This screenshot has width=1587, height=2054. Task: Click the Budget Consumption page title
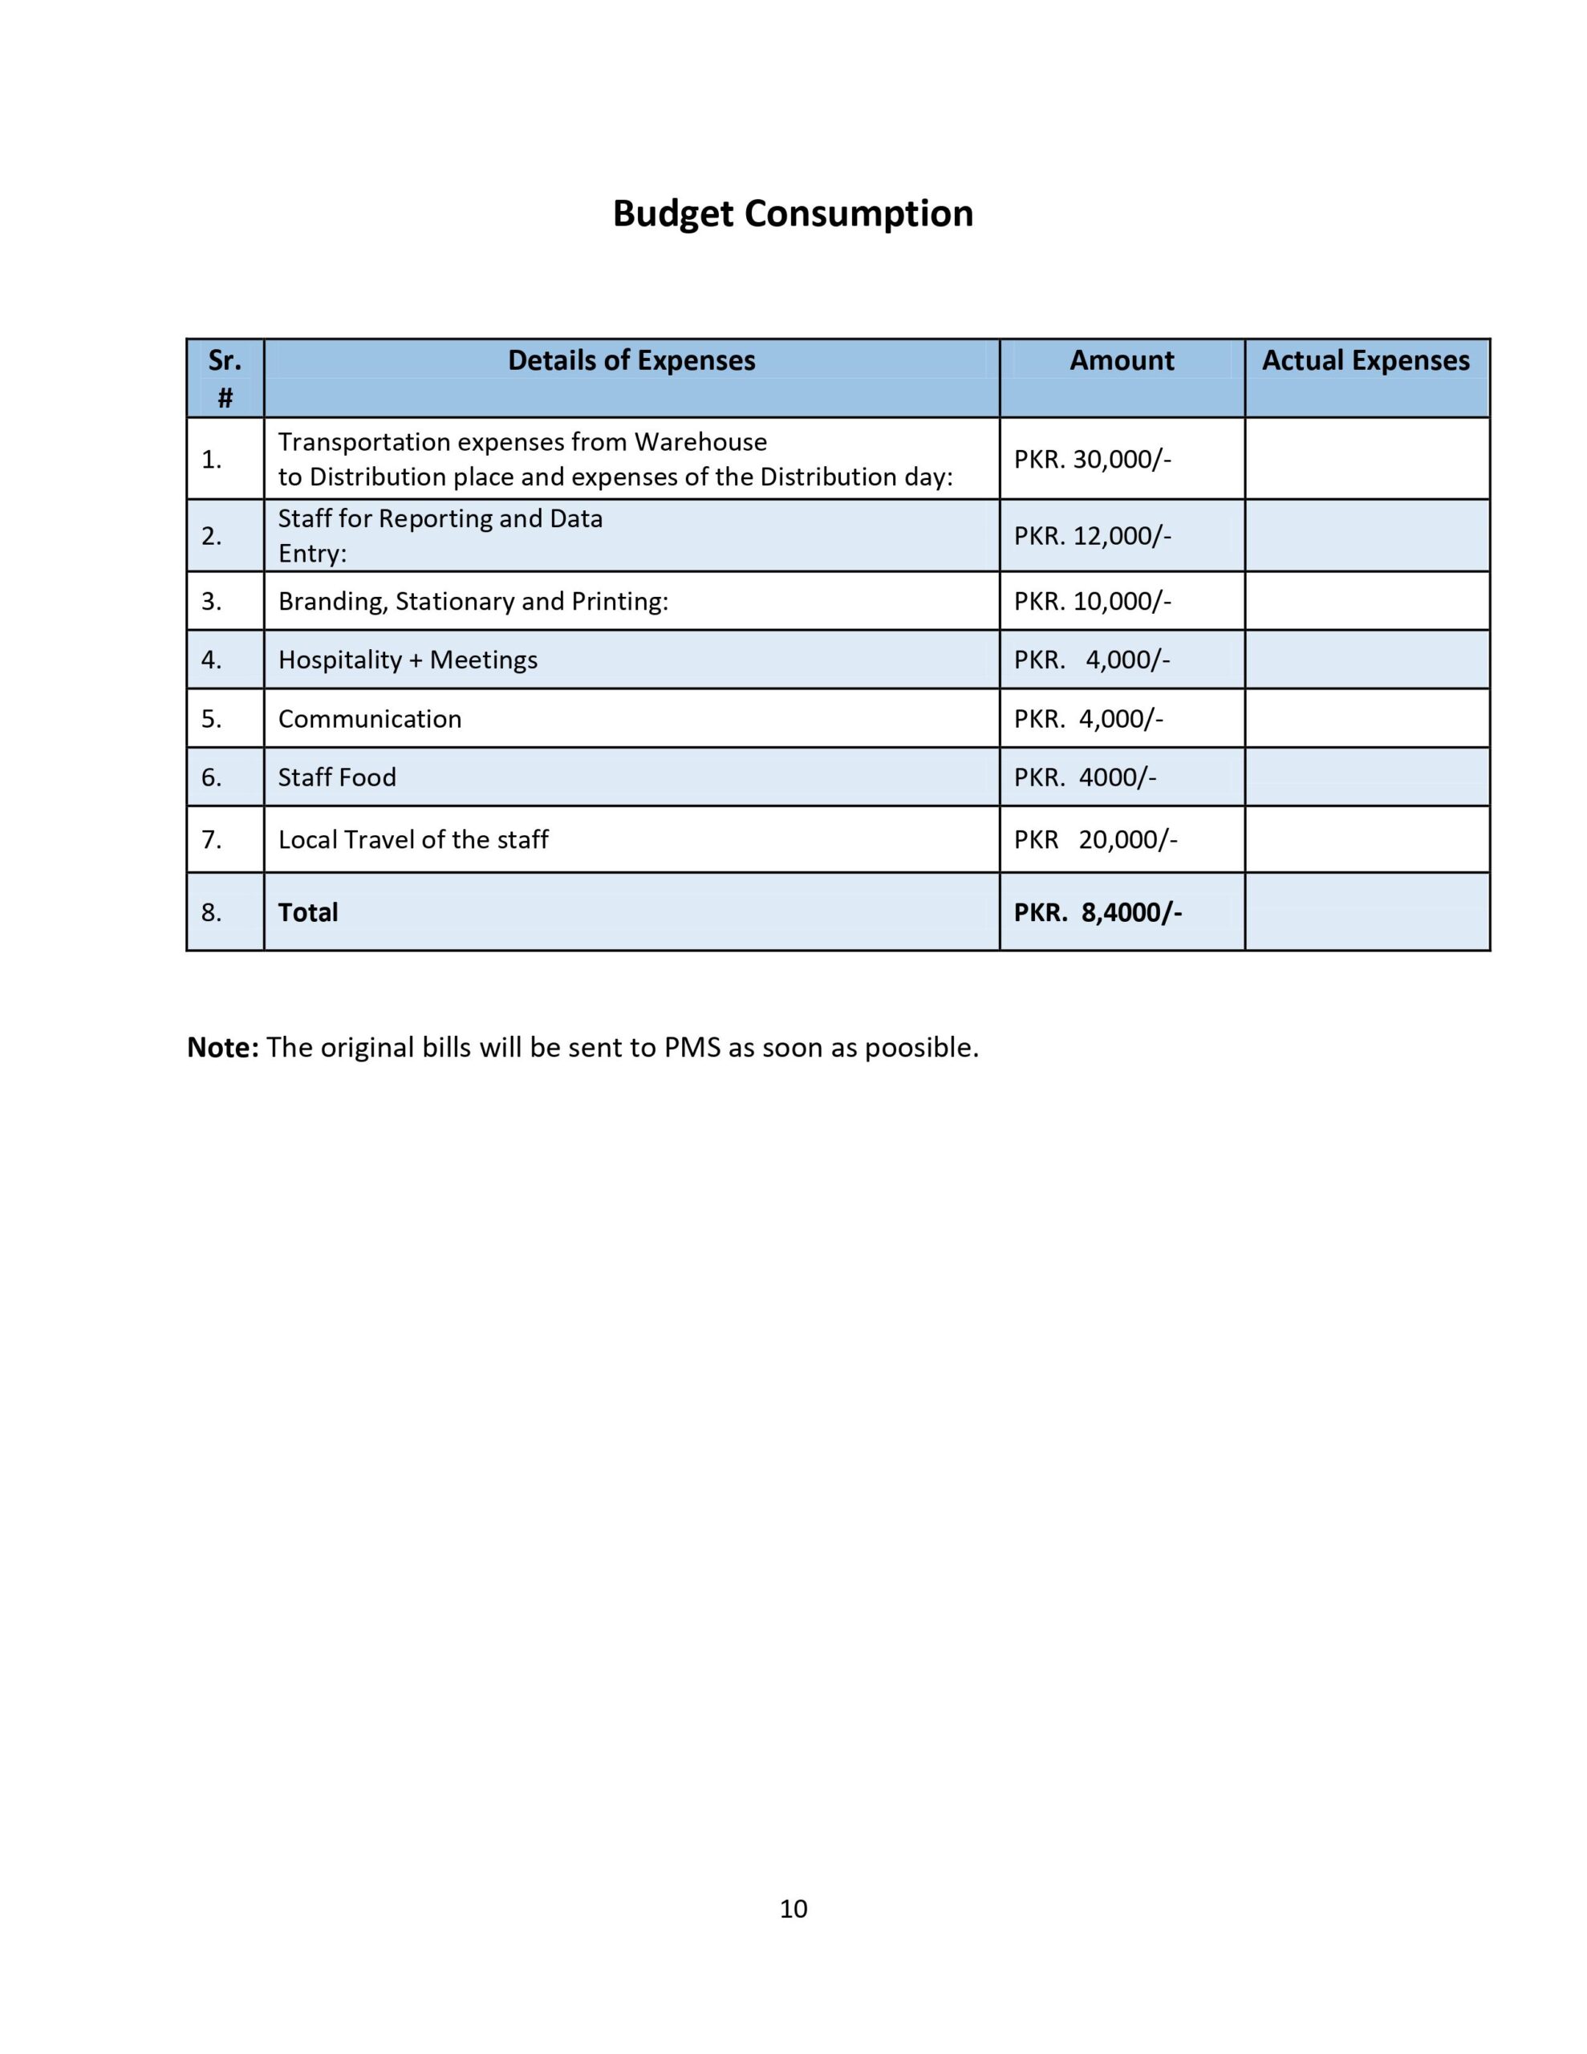pos(792,213)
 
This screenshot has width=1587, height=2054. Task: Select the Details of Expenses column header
pos(631,361)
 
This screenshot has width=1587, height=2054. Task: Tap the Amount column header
pos(1122,361)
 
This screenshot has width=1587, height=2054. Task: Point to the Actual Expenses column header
pos(1365,361)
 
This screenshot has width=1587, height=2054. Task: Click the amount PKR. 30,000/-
pos(1092,460)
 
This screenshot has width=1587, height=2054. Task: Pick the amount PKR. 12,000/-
pos(1092,536)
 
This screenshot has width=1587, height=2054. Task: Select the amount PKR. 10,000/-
pos(1092,601)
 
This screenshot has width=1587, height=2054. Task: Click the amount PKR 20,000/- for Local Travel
pos(1095,840)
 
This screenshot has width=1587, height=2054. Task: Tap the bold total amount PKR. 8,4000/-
pos(1097,912)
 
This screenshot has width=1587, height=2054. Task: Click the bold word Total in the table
pos(307,912)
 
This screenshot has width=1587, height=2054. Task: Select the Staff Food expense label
pos(337,777)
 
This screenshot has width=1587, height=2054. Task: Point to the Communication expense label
pos(370,720)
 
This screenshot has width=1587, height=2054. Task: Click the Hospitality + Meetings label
pos(408,660)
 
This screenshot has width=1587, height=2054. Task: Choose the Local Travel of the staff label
pos(413,840)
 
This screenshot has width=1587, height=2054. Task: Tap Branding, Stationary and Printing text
pos(473,602)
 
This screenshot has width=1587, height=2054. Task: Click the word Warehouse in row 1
pos(701,442)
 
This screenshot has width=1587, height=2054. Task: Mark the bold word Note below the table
pos(222,1048)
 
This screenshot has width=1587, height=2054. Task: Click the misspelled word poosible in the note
pos(921,1048)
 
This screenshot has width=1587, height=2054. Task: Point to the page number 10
pos(793,1908)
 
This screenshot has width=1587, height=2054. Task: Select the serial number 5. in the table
pos(212,720)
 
